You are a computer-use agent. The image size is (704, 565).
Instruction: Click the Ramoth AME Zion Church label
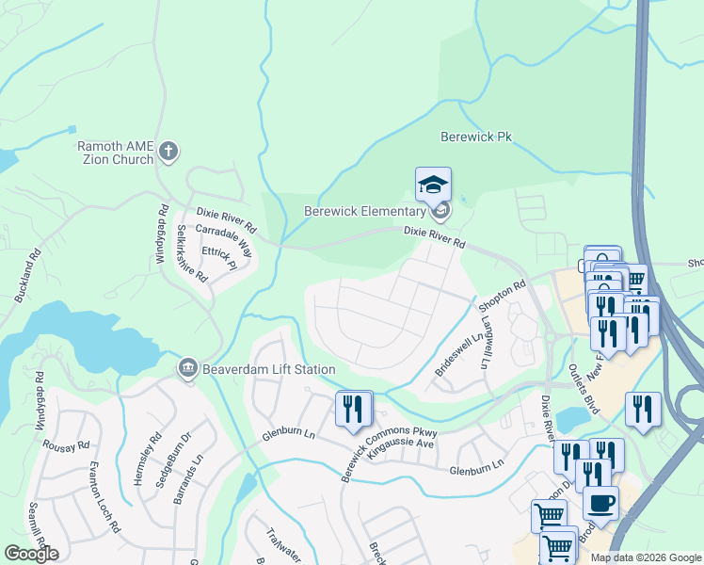pyautogui.click(x=115, y=152)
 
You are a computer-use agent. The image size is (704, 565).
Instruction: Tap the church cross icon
pyautogui.click(x=168, y=151)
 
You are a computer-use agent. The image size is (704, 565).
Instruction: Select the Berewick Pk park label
pyautogui.click(x=476, y=137)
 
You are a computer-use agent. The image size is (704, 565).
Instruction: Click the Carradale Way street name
pyautogui.click(x=224, y=242)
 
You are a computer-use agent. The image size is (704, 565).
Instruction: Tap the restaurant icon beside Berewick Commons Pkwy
pyautogui.click(x=354, y=409)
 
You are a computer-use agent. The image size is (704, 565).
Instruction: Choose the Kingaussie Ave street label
pyautogui.click(x=399, y=441)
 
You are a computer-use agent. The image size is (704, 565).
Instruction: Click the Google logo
pyautogui.click(x=31, y=554)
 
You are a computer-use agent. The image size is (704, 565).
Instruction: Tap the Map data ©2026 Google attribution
pyautogui.click(x=645, y=557)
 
